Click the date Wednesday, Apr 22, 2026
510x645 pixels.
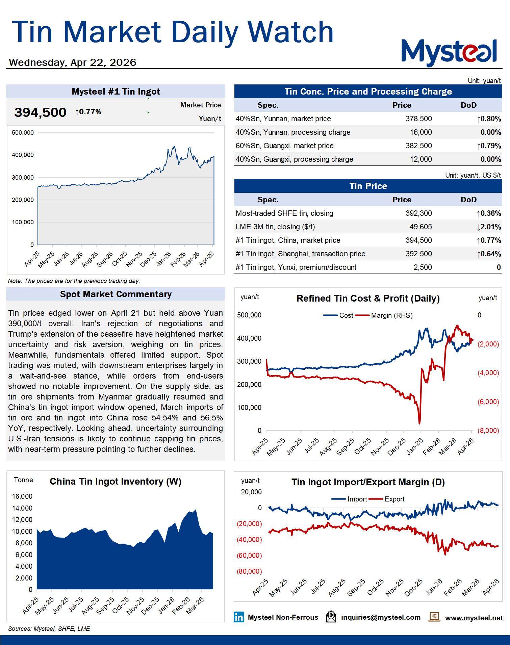coord(73,62)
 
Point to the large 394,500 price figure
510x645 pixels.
coord(40,112)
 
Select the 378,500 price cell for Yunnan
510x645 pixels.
coord(418,119)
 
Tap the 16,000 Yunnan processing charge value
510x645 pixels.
coord(420,132)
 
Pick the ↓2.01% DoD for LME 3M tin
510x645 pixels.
coord(489,227)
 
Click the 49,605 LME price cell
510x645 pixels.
coord(420,227)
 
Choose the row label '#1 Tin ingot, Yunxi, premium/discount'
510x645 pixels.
coord(296,267)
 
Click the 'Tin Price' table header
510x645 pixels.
coord(368,186)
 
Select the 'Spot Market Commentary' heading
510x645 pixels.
coord(116,294)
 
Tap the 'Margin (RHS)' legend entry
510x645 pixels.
coord(391,315)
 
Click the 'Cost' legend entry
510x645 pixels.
coord(346,315)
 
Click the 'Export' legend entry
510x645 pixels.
coord(394,499)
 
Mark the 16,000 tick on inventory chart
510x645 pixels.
coord(22,496)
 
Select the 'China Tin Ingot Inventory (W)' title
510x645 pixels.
coord(116,482)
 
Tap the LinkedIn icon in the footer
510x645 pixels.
coord(239,617)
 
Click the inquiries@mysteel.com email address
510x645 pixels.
coord(381,617)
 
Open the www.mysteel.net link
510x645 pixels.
coord(474,618)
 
